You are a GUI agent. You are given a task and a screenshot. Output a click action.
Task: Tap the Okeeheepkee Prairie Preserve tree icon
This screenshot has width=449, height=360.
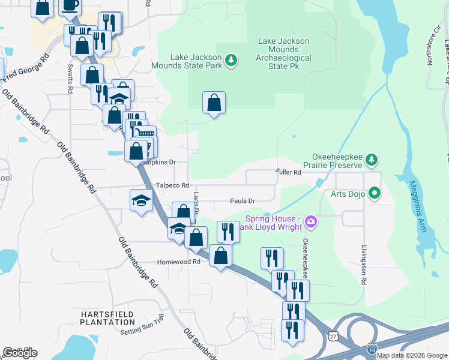(x=372, y=159)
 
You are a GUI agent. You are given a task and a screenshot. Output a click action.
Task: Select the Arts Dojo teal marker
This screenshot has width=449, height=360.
(x=375, y=193)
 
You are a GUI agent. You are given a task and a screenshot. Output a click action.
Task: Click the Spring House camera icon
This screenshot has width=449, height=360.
(x=311, y=222)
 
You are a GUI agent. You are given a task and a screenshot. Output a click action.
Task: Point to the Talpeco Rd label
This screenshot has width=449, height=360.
(x=172, y=185)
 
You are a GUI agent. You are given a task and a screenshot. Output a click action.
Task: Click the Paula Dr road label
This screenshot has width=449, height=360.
(x=243, y=201)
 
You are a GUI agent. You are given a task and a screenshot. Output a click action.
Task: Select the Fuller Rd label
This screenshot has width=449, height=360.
(x=288, y=172)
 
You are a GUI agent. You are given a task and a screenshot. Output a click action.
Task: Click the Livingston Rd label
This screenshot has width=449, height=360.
(x=364, y=264)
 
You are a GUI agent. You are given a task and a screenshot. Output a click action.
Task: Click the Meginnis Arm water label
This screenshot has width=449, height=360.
(x=415, y=204)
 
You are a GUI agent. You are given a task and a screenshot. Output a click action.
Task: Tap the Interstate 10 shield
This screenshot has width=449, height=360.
(x=372, y=348)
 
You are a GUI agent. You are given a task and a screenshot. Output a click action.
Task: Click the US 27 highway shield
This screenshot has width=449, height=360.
(x=333, y=333)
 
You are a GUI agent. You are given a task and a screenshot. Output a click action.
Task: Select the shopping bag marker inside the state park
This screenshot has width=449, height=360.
(x=214, y=103)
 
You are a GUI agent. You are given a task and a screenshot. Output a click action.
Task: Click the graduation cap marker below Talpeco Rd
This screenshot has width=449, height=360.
(x=141, y=200)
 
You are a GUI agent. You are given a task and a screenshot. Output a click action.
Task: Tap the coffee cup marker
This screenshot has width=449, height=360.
(x=70, y=5)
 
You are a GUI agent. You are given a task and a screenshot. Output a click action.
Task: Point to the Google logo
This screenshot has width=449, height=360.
(x=20, y=353)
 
